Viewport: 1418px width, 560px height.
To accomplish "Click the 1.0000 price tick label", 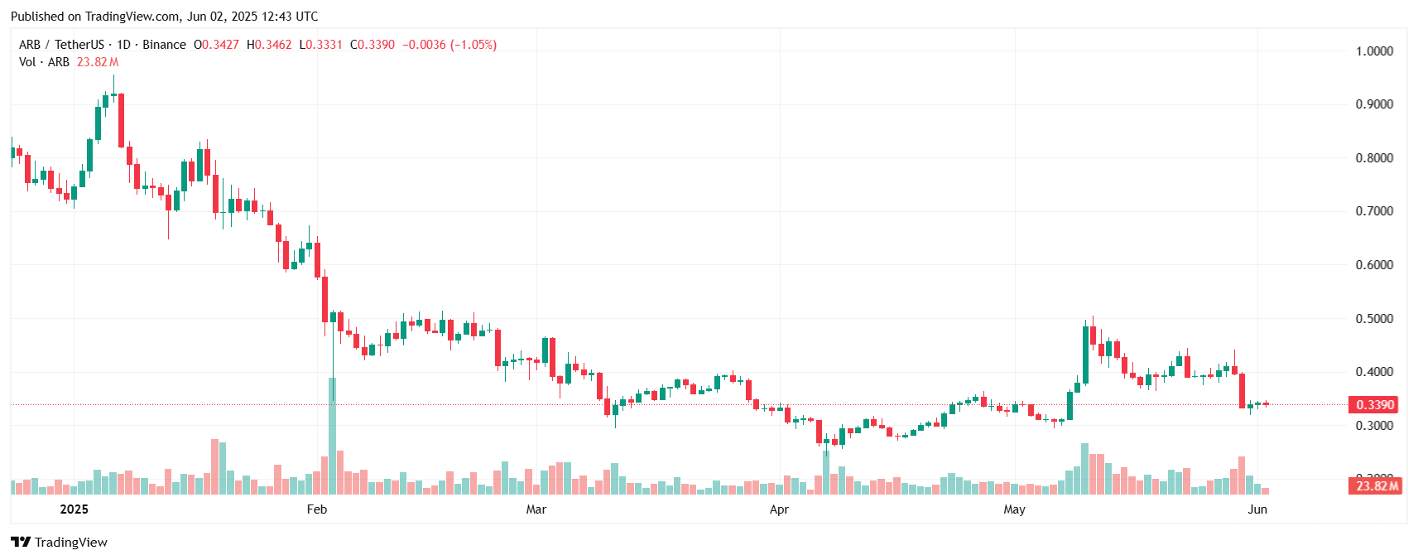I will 1374,51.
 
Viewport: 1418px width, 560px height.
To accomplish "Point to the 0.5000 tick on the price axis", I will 1374,319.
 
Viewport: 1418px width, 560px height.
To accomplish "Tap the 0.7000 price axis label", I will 1374,211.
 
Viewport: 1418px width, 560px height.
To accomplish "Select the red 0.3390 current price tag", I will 1374,405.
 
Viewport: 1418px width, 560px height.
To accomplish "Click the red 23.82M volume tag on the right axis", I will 1377,486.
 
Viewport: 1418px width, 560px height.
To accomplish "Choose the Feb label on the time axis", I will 317,509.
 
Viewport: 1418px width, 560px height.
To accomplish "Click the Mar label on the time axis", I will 536,509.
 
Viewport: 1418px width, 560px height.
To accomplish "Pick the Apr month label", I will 779,509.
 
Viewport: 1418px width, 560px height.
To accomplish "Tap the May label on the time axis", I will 1014,509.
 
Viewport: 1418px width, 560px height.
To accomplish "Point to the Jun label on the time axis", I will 1257,509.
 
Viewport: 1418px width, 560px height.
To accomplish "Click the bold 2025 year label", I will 74,509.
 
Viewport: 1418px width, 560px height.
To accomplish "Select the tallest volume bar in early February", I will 333,436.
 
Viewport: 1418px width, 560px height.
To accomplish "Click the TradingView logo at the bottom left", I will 59,543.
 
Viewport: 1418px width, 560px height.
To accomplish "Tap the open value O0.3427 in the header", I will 216,45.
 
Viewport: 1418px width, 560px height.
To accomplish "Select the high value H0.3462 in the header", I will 269,45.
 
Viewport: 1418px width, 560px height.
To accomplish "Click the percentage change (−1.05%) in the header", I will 473,45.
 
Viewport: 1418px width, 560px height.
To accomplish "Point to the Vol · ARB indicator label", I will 44,62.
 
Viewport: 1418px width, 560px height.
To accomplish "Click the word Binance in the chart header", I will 164,45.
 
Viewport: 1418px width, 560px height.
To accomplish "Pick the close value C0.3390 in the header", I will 373,45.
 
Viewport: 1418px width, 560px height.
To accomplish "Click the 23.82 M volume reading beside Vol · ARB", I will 98,62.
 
